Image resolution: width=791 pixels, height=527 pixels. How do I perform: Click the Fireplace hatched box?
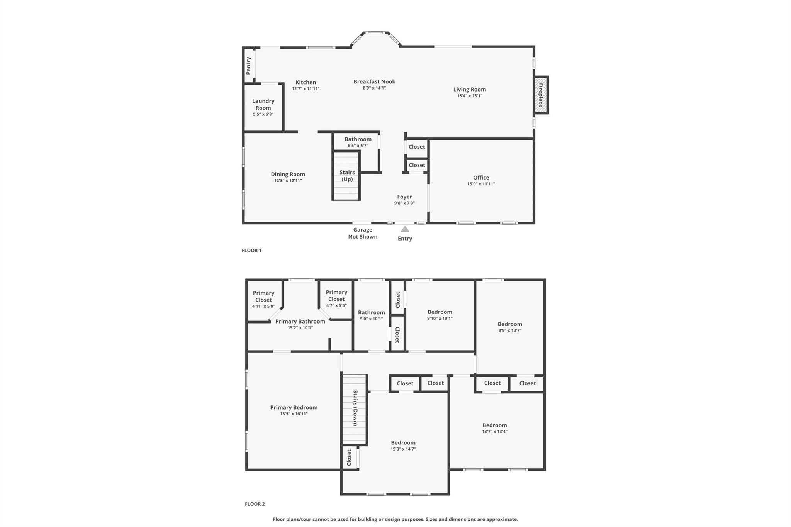(x=541, y=95)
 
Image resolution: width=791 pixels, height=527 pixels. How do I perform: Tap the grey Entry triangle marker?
(x=405, y=229)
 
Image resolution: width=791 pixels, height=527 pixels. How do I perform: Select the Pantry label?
(x=249, y=66)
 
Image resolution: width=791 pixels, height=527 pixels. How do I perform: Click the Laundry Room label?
(x=263, y=104)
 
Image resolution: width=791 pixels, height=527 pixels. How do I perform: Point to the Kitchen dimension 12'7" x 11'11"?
(x=306, y=89)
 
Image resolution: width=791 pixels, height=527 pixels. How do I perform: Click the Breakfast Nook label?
(x=374, y=81)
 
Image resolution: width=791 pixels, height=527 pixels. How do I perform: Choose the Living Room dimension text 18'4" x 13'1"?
(x=470, y=96)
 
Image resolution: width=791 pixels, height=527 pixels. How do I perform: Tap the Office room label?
(x=481, y=178)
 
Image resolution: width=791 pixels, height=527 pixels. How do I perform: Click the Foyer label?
(x=404, y=197)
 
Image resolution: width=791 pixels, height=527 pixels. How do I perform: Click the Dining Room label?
(x=288, y=174)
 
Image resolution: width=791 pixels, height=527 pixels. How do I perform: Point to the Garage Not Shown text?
(x=363, y=233)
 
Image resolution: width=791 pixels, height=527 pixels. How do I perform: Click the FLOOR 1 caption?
(x=251, y=250)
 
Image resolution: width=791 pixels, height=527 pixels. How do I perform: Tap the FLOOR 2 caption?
(x=255, y=504)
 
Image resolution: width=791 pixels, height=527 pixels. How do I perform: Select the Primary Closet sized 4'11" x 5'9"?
(x=263, y=299)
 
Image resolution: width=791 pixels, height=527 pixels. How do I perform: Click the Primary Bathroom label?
(x=300, y=321)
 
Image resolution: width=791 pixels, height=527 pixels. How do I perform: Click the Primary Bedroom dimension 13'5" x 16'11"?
(x=294, y=414)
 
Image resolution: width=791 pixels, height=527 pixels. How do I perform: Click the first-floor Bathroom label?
(x=358, y=139)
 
